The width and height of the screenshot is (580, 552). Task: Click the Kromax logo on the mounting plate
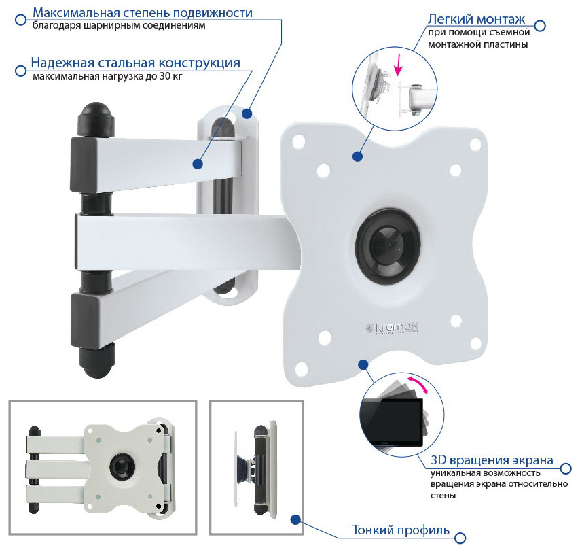pos(392,328)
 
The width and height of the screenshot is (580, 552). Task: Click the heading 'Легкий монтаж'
pos(476,19)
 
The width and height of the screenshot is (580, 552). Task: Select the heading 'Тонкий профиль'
pos(401,530)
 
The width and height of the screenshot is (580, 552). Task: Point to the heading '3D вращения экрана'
pos(492,460)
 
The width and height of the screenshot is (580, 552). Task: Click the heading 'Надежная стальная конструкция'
pos(135,63)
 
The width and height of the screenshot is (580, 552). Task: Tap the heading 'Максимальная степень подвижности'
pos(143,13)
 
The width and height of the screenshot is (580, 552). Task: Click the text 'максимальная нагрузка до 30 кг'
pos(107,77)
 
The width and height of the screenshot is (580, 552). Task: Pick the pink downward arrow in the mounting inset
pos(398,65)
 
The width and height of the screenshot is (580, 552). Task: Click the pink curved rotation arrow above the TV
pos(418,384)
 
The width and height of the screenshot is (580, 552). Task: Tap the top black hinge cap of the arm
pos(96,118)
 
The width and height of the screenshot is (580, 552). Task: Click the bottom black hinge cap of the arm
pos(97,361)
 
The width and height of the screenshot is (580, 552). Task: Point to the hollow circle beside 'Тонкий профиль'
pos(460,538)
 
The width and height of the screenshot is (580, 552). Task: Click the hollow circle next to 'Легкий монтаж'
pos(540,26)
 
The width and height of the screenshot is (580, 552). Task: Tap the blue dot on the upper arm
pos(198,164)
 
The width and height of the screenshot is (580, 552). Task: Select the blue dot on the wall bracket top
pos(247,114)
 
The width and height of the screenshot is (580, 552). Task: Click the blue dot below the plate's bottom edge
pos(363,364)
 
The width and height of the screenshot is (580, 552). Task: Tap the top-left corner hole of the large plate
pos(298,141)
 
